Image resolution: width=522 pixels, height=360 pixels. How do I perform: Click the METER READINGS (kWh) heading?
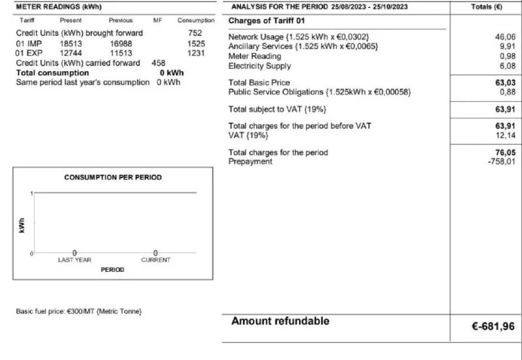coord(50,7)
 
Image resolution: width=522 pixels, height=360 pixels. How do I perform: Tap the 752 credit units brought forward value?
coord(194,33)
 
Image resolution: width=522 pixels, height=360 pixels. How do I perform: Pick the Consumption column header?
coord(196,21)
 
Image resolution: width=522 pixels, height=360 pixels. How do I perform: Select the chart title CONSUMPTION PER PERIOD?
coord(113,177)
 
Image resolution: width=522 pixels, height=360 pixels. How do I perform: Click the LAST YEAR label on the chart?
coord(74,260)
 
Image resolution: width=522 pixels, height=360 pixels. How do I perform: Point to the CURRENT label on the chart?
coord(155,260)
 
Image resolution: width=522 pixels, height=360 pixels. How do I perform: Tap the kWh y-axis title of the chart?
coord(23,224)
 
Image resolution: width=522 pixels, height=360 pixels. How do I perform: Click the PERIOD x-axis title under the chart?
coord(112,270)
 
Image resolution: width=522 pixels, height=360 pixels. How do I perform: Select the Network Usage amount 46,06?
coord(506,37)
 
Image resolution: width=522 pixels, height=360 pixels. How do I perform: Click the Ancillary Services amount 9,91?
coord(508,47)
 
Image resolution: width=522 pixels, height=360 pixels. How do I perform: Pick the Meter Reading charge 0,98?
coord(508,57)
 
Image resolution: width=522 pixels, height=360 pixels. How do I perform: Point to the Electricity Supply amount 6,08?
coord(508,66)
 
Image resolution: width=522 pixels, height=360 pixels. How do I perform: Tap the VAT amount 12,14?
coord(506,136)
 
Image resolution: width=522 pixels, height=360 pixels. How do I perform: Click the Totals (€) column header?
coord(485,7)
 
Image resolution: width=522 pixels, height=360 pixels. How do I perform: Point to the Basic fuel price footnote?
coord(78,311)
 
